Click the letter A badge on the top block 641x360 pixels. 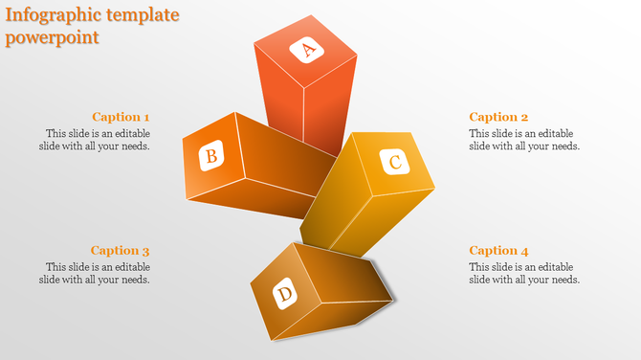308,51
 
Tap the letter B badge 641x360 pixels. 212,154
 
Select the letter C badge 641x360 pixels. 394,162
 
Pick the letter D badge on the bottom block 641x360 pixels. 284,294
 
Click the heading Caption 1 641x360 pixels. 121,117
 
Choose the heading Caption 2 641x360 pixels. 498,117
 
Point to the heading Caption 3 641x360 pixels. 121,251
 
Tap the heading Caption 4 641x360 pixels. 498,251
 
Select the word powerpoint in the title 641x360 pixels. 53,38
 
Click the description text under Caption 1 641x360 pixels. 96,140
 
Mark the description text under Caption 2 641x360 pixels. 524,140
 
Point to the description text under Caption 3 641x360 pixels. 96,273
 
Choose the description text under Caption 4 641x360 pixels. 524,273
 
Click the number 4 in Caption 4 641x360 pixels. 524,251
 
